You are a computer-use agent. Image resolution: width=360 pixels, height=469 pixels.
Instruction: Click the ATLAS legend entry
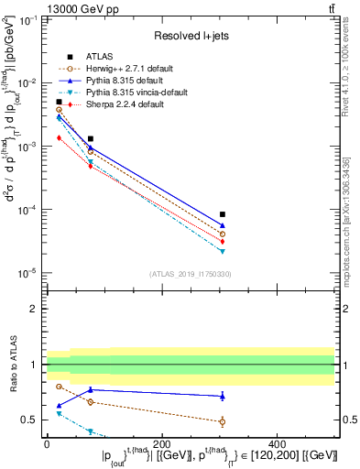100,55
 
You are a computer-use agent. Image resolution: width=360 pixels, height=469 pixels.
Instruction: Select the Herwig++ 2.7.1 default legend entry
123,68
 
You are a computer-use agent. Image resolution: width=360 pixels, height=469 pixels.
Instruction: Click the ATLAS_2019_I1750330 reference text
191,274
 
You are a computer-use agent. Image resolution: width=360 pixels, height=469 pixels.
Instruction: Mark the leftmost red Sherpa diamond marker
59,137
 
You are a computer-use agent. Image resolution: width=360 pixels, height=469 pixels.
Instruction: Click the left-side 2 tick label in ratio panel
34,309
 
